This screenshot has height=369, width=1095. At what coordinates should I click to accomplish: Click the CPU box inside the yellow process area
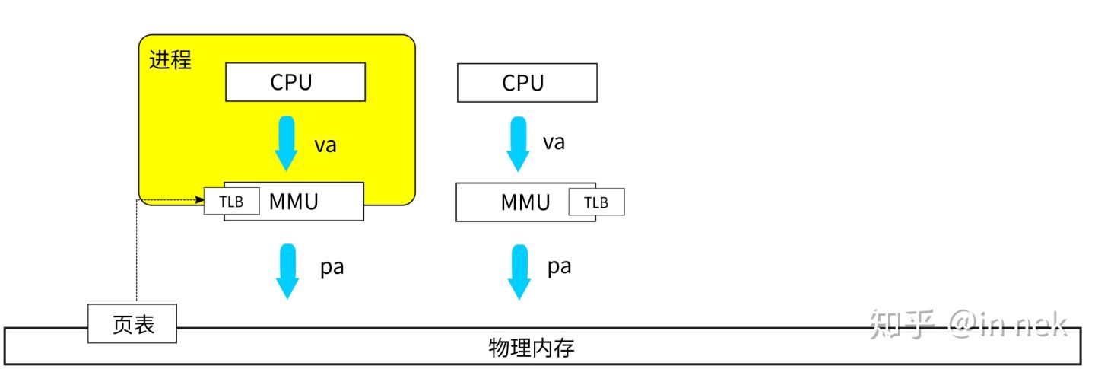coord(295,82)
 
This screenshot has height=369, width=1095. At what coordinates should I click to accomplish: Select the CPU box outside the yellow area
coord(527,83)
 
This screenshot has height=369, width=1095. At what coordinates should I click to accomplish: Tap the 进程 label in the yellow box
coord(170,60)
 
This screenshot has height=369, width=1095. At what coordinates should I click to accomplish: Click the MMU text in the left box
coord(293,202)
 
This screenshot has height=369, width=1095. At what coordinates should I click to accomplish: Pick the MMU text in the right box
coord(525,202)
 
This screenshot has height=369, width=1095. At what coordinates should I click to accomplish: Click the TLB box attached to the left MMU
coord(231,202)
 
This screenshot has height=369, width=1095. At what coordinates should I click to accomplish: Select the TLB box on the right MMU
coord(596,202)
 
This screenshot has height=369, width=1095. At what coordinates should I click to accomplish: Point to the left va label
coord(325,145)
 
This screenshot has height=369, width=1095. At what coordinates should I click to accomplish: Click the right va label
coord(554,142)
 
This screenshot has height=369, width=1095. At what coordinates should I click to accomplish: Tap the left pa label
coord(332,268)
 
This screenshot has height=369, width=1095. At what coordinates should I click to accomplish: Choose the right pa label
coord(560,266)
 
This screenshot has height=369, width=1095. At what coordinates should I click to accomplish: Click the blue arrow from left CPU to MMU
coord(287,144)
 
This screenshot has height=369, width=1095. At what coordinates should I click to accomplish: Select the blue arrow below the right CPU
coord(519,144)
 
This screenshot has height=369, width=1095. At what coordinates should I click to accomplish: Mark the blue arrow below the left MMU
coord(287,271)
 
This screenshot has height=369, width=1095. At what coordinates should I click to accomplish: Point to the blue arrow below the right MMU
coord(519,271)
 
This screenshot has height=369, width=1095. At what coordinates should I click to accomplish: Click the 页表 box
coord(133,325)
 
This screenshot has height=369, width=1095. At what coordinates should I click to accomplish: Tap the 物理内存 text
coord(531,349)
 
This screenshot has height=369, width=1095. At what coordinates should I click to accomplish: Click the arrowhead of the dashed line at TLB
coord(199,200)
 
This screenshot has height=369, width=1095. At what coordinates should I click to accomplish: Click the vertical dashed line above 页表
coord(136,251)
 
